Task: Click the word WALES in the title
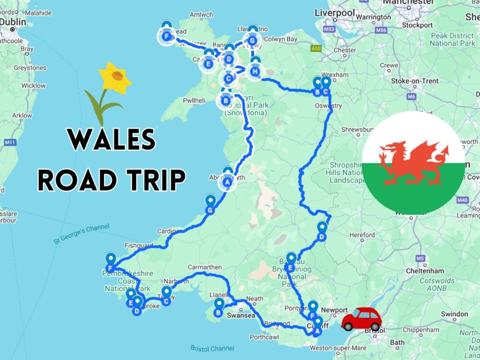click(x=111, y=141)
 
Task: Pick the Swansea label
click(x=240, y=316)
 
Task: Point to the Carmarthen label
click(x=205, y=267)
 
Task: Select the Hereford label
click(x=362, y=235)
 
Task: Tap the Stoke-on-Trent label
click(x=415, y=81)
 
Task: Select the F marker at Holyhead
click(x=167, y=36)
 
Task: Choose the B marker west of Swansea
click(x=219, y=312)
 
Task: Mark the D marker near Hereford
click(x=322, y=236)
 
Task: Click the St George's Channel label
click(x=82, y=233)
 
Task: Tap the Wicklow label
click(x=34, y=85)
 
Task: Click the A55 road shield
click(x=315, y=48)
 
